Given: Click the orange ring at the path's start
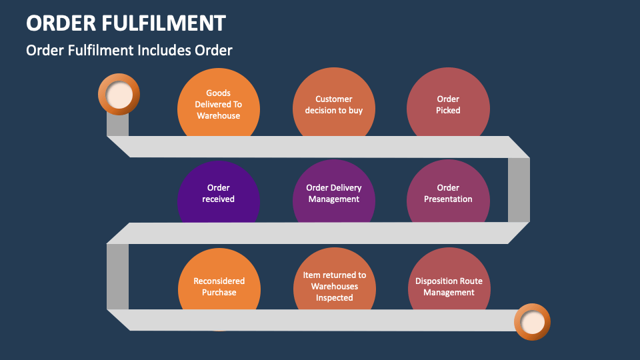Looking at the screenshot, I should [x=119, y=95].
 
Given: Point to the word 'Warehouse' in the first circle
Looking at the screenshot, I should [x=219, y=115].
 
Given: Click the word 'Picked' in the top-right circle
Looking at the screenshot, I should [x=448, y=110].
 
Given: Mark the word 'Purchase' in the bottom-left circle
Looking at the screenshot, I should [x=219, y=292].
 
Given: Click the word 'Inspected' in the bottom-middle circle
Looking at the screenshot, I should [x=334, y=297].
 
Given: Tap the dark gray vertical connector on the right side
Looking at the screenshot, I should [x=519, y=190].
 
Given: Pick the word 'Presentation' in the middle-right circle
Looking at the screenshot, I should [x=448, y=199].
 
